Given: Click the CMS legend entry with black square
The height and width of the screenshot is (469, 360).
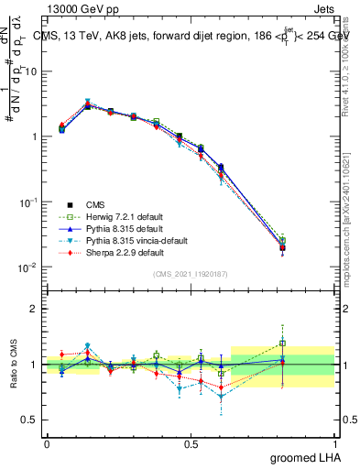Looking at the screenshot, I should pyautogui.click(x=96, y=204).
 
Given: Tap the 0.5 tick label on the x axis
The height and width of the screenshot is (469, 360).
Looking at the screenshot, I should pyautogui.click(x=191, y=443).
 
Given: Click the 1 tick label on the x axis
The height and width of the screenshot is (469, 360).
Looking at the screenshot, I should pyautogui.click(x=334, y=443).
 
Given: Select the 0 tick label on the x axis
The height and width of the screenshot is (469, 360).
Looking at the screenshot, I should pyautogui.click(x=47, y=443).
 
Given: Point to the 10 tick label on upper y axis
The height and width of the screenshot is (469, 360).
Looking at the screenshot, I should pyautogui.click(x=32, y=71).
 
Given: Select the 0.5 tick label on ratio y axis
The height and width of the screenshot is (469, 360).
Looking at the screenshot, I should pyautogui.click(x=28, y=420).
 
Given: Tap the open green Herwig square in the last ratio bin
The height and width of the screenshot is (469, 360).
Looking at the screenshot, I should pyautogui.click(x=283, y=344).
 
